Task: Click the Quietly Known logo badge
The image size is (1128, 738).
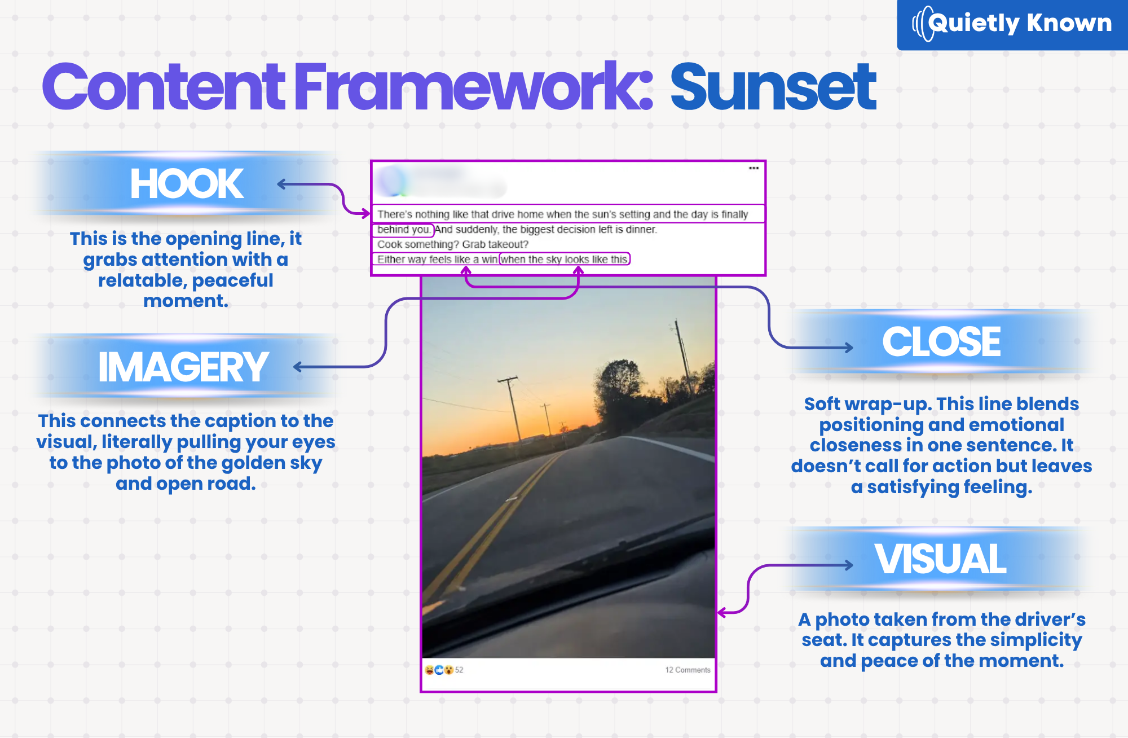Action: click(1012, 24)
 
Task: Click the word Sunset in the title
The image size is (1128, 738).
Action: click(773, 87)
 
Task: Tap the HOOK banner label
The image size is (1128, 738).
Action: click(187, 184)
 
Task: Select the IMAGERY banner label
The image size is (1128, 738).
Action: click(183, 367)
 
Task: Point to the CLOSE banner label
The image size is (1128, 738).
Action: click(941, 341)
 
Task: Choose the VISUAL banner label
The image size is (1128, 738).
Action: click(940, 559)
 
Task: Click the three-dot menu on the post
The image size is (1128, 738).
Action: click(754, 168)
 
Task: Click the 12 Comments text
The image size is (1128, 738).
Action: click(688, 670)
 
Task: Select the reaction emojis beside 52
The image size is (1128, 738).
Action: click(439, 670)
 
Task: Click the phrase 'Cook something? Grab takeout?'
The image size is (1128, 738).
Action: click(453, 244)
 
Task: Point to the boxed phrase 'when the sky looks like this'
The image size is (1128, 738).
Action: click(565, 259)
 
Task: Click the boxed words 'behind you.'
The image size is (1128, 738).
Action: click(403, 230)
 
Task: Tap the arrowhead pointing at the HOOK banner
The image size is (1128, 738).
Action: click(282, 184)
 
